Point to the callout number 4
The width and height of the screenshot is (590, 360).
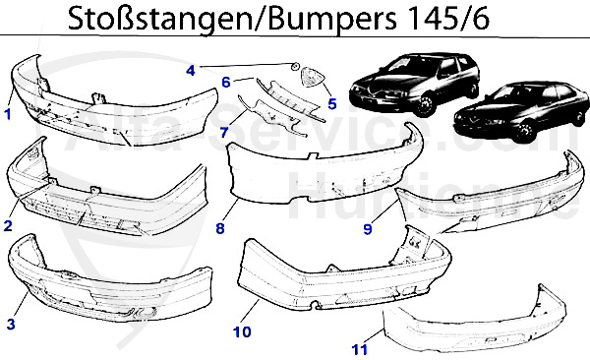[191, 70]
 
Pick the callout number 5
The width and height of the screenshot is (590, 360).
[331, 101]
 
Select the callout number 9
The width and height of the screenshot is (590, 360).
[367, 229]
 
